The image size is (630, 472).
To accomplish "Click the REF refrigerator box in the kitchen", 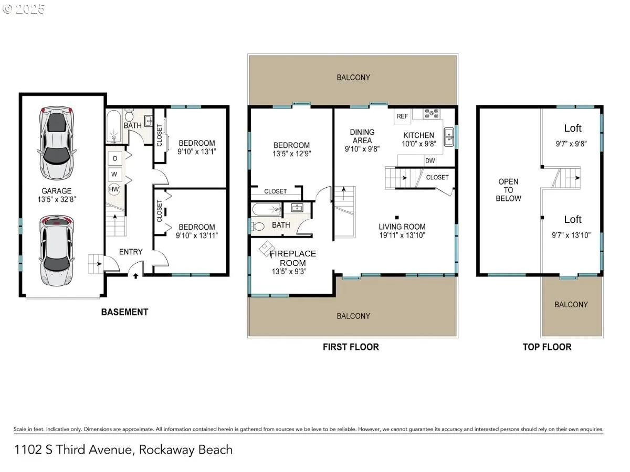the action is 402,116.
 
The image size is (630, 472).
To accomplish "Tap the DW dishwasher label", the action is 429,161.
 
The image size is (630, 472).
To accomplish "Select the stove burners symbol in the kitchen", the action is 432,113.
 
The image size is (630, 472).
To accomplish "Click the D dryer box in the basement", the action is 115,158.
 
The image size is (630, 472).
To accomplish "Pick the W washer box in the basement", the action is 114,174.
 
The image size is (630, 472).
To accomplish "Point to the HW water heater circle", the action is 114,189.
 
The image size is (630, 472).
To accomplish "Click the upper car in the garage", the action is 57,143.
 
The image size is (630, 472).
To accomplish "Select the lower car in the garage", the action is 57,251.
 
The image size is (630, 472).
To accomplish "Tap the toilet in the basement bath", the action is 129,115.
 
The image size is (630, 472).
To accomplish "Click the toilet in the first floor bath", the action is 257,227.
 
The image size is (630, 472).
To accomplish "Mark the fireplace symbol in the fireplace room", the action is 267,249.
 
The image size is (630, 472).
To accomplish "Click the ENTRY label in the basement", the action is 131,252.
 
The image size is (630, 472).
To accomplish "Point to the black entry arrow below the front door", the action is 136,276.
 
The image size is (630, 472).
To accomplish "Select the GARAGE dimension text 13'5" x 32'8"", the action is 57,199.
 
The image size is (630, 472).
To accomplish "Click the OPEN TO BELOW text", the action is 508,190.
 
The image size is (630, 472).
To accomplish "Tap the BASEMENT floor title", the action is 124,312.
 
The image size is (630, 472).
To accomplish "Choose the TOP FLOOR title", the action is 547,347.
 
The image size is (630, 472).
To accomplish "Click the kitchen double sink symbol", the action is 449,137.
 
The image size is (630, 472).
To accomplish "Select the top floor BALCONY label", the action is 571,304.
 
